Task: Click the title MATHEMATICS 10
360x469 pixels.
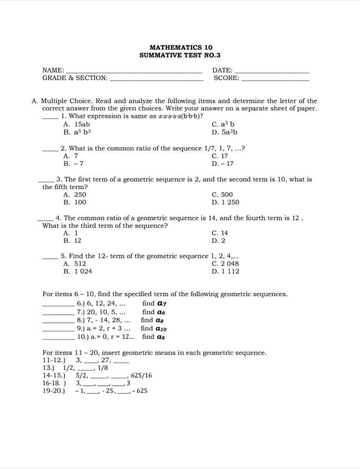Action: pyautogui.click(x=180, y=47)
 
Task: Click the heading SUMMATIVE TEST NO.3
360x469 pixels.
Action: pyautogui.click(x=180, y=55)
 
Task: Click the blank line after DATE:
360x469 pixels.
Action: pyautogui.click(x=271, y=71)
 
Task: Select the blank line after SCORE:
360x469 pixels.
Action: pyautogui.click(x=275, y=80)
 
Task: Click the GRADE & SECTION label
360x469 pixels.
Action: pyautogui.click(x=75, y=78)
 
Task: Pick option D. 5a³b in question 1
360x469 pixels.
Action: pyautogui.click(x=225, y=132)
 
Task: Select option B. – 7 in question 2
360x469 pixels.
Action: pyautogui.click(x=73, y=164)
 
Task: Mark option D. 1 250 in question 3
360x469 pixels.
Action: pyautogui.click(x=226, y=203)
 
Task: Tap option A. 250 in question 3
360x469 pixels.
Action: pyautogui.click(x=75, y=195)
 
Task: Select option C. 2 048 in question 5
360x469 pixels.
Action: pyautogui.click(x=225, y=264)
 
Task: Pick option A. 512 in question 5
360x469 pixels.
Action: pyautogui.click(x=75, y=264)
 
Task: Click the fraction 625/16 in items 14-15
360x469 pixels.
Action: pyautogui.click(x=141, y=376)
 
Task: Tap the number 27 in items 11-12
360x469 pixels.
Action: pyautogui.click(x=106, y=360)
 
